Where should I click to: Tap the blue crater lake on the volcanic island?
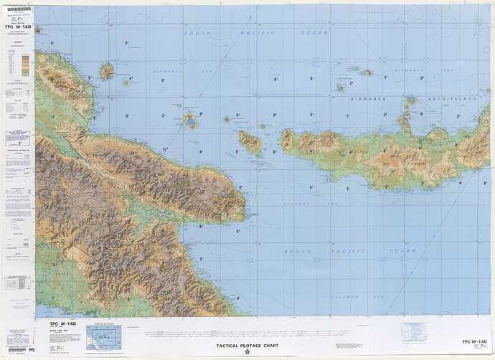192,122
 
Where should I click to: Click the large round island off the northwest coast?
108,71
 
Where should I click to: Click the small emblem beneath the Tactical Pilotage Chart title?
247,354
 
